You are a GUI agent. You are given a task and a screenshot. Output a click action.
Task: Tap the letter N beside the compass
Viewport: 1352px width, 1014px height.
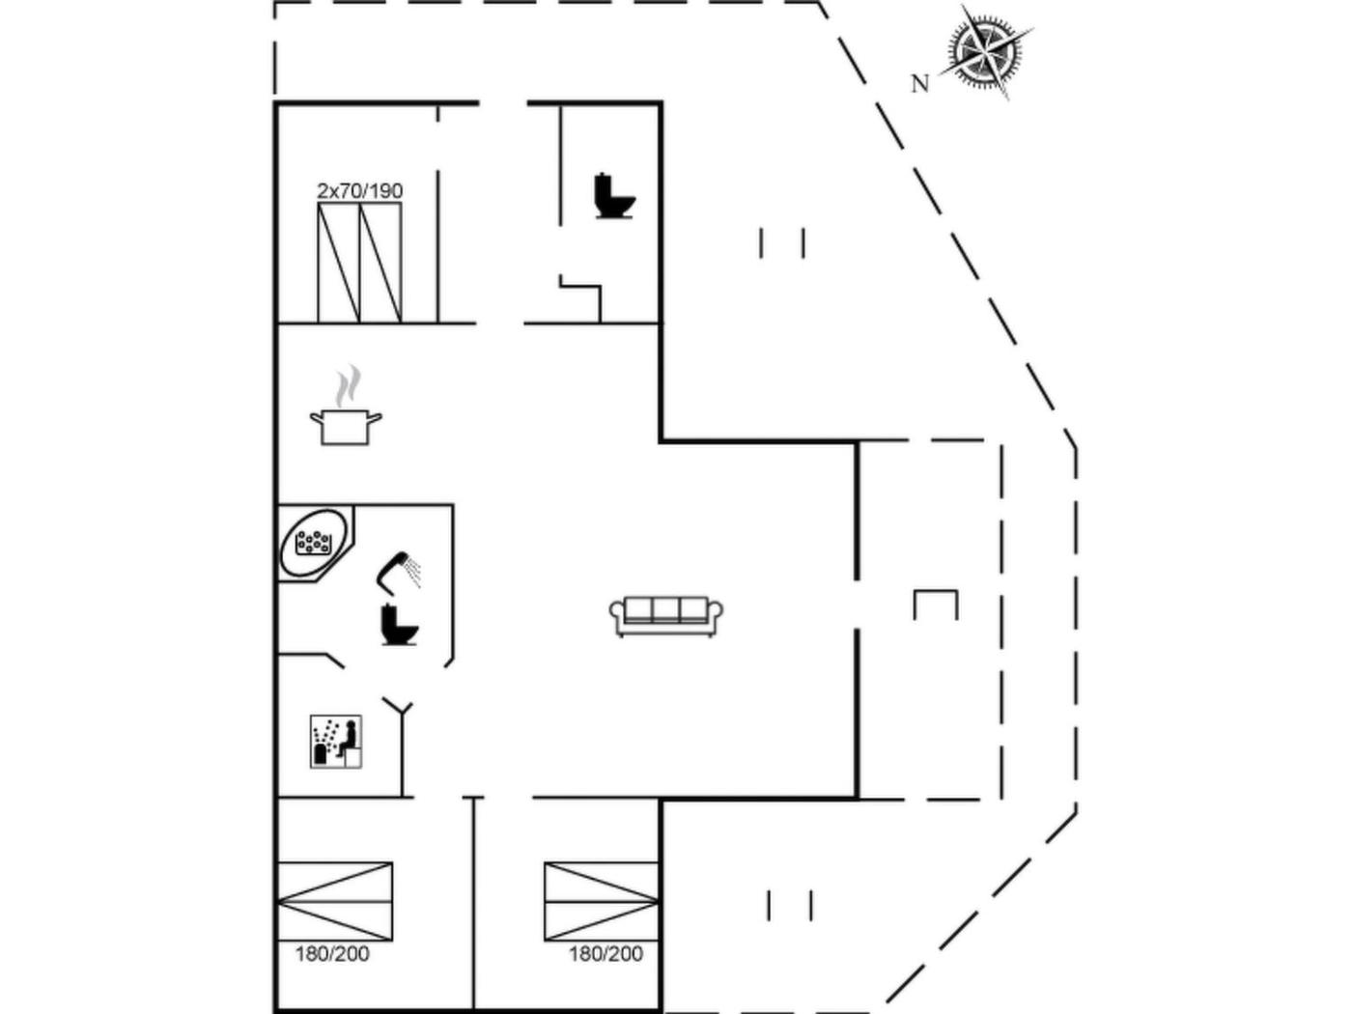(919, 84)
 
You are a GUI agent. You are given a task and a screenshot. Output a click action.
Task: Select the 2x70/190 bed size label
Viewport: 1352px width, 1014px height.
(359, 191)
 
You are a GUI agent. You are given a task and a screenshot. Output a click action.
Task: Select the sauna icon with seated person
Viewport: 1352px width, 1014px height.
(336, 742)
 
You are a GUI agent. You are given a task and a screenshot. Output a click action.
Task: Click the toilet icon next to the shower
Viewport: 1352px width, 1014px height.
(399, 625)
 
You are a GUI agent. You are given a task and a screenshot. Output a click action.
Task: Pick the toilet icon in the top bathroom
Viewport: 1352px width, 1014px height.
(614, 196)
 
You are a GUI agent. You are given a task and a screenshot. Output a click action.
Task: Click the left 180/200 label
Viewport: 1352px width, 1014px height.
(332, 954)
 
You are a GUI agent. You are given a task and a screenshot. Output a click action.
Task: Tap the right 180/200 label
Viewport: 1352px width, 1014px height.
(606, 954)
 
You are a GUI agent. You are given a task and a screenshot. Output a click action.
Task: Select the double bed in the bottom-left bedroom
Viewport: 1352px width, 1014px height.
(335, 901)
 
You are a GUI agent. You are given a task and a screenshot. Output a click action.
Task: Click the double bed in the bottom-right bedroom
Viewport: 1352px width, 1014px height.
(602, 901)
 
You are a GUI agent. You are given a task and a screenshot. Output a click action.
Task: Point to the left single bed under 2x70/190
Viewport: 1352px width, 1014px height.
(339, 263)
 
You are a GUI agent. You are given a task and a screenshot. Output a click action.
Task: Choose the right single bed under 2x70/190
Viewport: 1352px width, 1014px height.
(380, 263)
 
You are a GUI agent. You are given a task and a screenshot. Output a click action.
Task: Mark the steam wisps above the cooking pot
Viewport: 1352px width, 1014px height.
(348, 385)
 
